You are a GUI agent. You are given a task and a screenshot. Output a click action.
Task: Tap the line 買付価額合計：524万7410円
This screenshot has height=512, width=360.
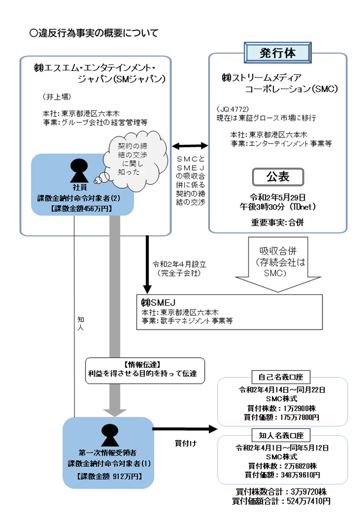[x=280, y=501]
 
